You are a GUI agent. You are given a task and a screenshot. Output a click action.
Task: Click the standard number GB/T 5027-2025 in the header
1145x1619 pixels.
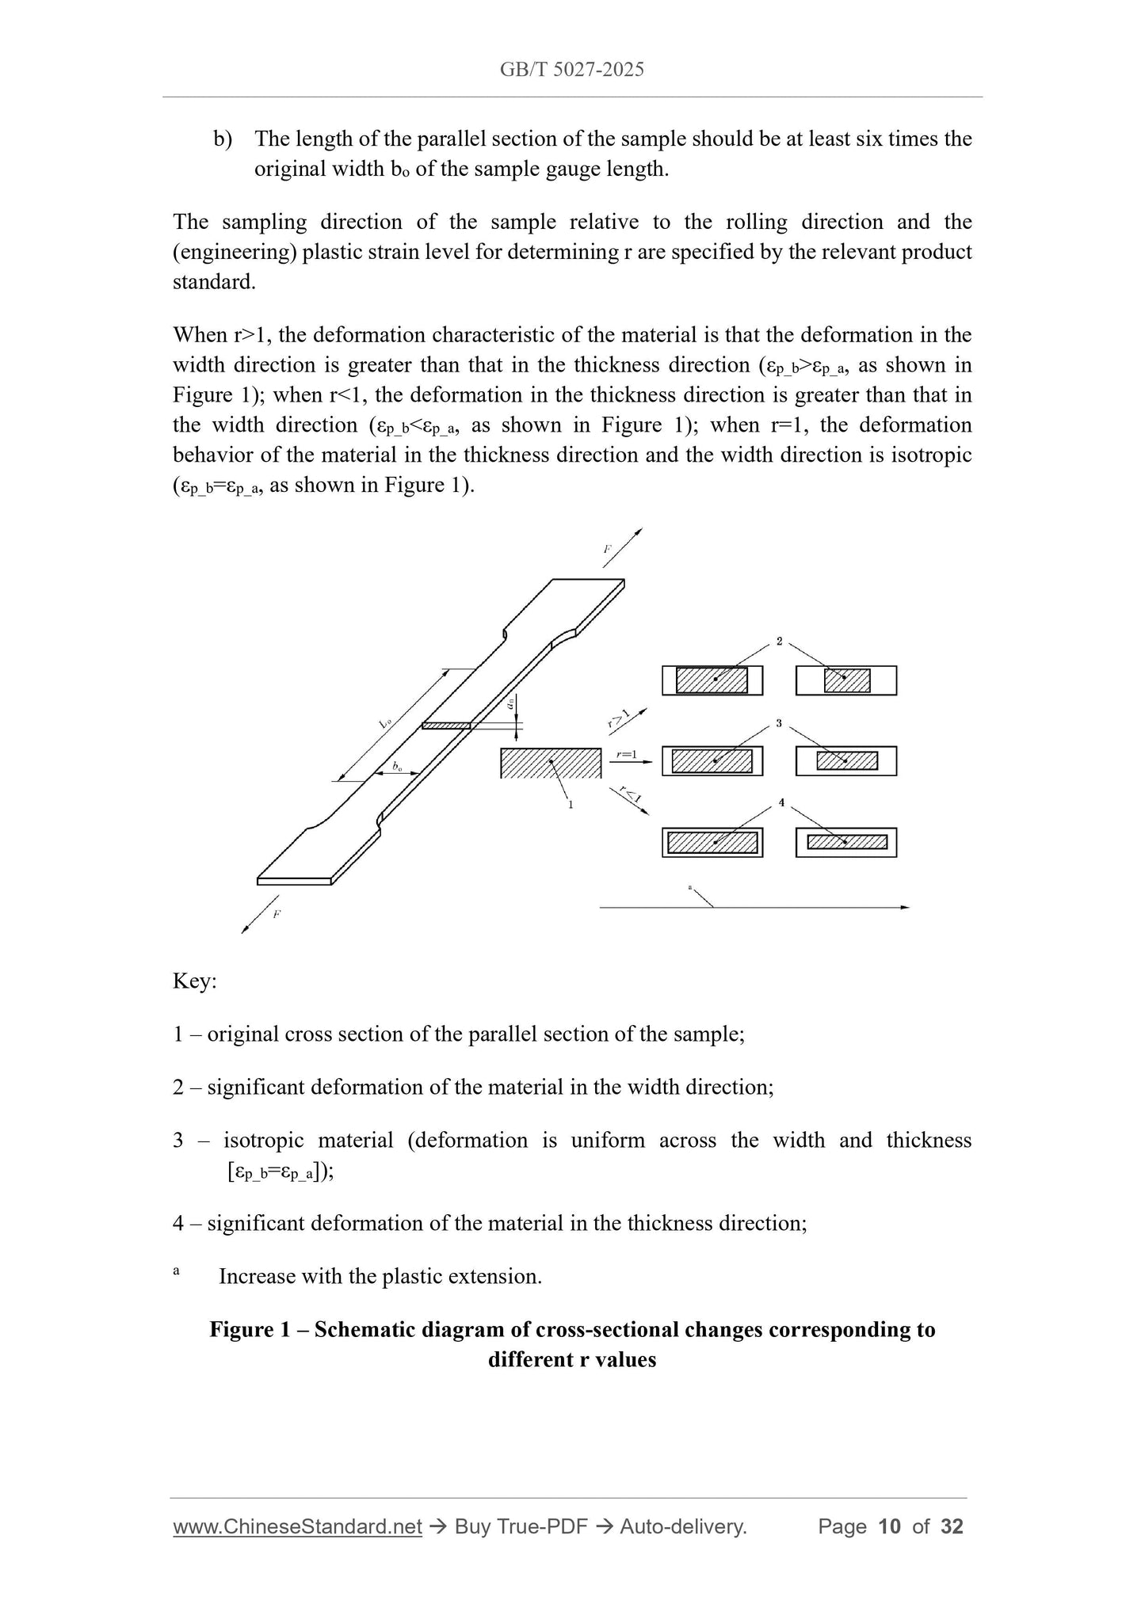(571, 70)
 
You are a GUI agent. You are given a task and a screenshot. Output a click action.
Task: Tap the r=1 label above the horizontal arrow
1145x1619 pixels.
(627, 755)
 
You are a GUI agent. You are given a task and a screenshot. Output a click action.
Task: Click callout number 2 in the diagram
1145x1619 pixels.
(780, 642)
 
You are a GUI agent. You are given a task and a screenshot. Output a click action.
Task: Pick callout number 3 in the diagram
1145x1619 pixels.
(780, 723)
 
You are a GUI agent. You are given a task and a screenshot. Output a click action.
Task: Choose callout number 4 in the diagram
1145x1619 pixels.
(781, 803)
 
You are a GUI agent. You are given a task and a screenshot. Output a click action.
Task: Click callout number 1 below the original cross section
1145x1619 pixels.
(571, 805)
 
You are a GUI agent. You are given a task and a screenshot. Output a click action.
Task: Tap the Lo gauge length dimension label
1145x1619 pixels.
(386, 722)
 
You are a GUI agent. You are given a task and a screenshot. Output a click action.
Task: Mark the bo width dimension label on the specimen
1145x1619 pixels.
(397, 767)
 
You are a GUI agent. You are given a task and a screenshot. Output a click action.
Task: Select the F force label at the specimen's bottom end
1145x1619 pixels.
(276, 914)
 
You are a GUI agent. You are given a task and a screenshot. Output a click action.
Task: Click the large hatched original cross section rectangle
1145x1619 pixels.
(551, 763)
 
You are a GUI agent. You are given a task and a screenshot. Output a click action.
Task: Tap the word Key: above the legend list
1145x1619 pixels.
(195, 981)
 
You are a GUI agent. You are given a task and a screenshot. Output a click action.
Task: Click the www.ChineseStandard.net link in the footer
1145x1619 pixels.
(297, 1526)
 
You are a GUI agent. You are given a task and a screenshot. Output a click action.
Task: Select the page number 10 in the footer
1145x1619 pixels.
(890, 1526)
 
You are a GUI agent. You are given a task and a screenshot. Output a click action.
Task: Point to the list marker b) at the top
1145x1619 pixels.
(223, 139)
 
